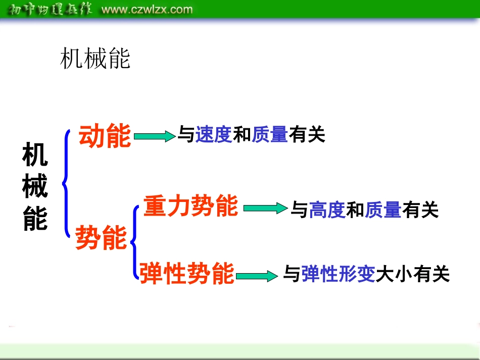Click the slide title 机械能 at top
pos(95,59)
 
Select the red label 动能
pos(105,136)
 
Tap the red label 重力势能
pos(190,206)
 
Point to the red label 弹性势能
pos(187,273)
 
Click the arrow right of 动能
pos(154,136)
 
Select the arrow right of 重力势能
pos(265,208)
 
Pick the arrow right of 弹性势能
pos(257,276)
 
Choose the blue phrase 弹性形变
pos(338,274)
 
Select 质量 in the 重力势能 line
pos(383,210)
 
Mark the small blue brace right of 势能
pos(134,241)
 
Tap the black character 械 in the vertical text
pos(35,187)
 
